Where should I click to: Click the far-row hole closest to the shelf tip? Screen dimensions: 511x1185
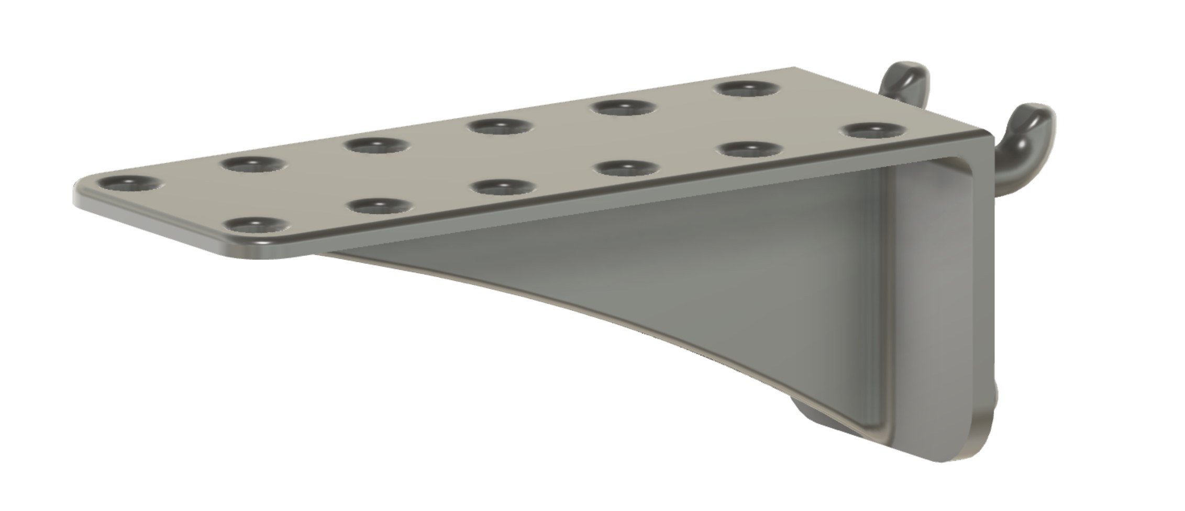pyautogui.click(x=129, y=183)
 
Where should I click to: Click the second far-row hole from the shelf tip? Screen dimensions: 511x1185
pyautogui.click(x=253, y=164)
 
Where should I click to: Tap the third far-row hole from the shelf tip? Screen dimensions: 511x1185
pyautogui.click(x=378, y=145)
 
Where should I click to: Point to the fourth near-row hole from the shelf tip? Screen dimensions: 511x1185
pyautogui.click(x=627, y=168)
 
